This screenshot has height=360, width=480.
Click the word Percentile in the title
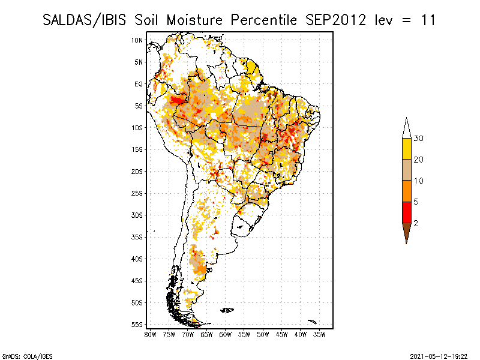coord(263,20)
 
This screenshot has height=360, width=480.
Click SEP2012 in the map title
coord(336,20)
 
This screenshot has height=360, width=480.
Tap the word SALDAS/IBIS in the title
coord(84,20)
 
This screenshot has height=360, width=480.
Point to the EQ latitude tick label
coord(139,84)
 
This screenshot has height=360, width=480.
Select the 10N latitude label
coord(137,40)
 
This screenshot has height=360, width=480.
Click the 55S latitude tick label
coord(137,325)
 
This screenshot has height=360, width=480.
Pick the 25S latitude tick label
coord(137,193)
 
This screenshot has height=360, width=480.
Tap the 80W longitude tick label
coord(150,335)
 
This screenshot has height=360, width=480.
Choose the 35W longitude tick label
coord(319,335)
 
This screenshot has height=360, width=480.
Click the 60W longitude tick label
coord(226,335)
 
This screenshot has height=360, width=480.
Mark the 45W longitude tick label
coord(281,335)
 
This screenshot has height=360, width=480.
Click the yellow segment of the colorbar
coord(407,149)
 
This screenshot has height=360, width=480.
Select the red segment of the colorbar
coord(407,212)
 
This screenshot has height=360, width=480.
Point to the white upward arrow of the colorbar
coord(407,128)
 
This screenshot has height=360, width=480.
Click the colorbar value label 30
coord(418,139)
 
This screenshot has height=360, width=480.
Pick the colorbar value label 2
coord(416,223)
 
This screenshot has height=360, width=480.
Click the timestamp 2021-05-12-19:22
coord(439,356)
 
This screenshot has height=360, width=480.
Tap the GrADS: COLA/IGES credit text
coord(28,356)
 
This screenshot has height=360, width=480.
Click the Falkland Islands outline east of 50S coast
coord(227,310)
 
